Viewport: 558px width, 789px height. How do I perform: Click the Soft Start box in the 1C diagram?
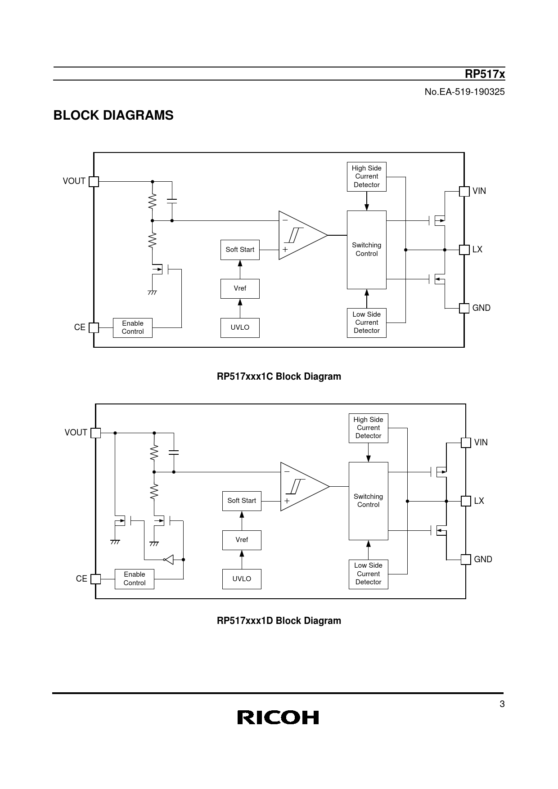coord(240,250)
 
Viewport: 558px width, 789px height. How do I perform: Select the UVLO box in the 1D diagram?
coord(242,579)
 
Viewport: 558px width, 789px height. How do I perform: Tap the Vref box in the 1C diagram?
coord(240,288)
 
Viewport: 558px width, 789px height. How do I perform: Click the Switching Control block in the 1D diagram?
coord(368,501)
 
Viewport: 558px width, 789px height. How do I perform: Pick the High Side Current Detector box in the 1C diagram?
coord(367,177)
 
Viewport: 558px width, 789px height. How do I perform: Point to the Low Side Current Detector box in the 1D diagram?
coord(368,574)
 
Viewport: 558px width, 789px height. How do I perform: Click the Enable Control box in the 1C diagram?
coord(133,327)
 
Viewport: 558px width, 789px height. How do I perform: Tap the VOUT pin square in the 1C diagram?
coord(94,181)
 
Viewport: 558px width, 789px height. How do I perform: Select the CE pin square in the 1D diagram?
coord(95,579)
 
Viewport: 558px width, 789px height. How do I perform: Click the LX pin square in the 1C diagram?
coord(464,250)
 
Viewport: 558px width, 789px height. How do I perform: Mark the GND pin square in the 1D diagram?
coord(466,559)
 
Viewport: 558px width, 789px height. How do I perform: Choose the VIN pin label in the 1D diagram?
coord(481,442)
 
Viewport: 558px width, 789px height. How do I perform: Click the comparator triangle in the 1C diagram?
coord(303,235)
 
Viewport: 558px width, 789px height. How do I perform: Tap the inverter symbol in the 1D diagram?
coord(169,560)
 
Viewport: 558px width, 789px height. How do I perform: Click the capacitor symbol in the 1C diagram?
coord(172,201)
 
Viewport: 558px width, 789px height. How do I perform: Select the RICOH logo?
coord(278,717)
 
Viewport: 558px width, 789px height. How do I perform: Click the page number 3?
coord(502,704)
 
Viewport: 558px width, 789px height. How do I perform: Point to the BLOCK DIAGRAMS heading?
coord(113,116)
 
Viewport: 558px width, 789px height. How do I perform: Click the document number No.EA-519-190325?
coord(465,92)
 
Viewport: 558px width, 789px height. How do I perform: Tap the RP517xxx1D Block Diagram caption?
coord(279,621)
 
